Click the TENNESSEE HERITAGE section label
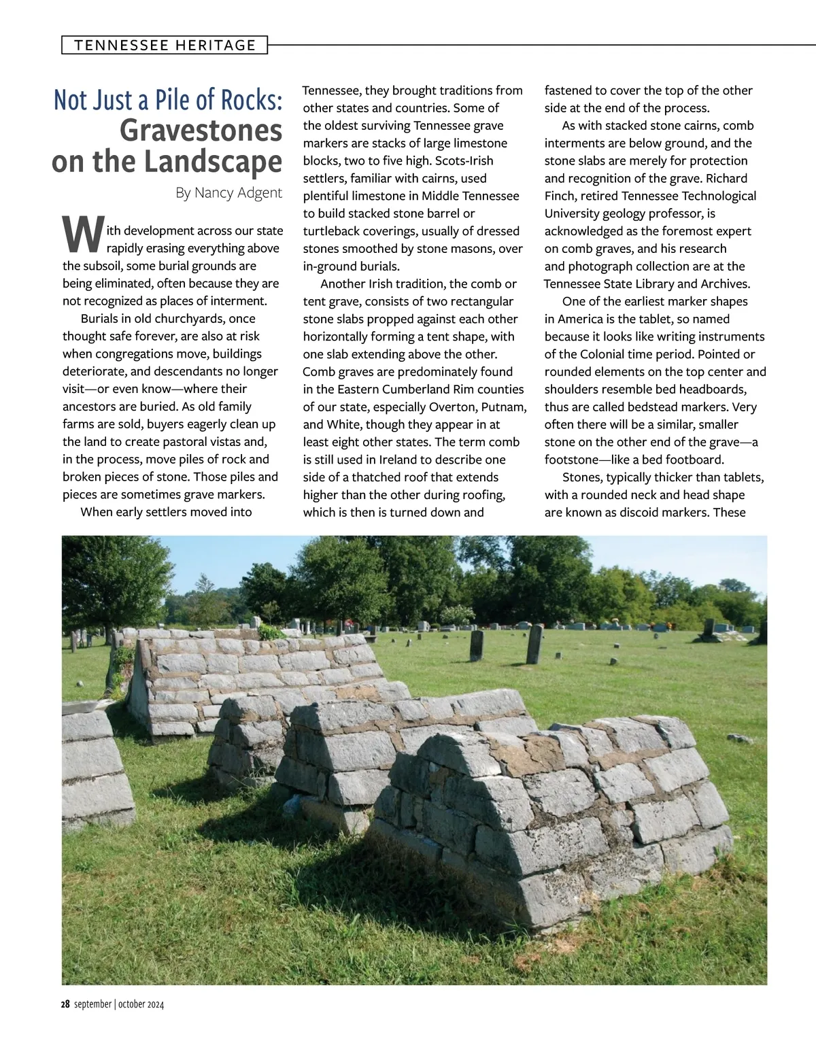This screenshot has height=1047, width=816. click(x=165, y=46)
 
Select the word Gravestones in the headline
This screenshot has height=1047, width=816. click(x=201, y=131)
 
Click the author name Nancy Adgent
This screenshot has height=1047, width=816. click(x=238, y=192)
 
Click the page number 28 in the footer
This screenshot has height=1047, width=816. click(x=65, y=1004)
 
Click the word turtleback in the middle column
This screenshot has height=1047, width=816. click(x=334, y=231)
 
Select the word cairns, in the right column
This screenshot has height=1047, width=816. click(x=700, y=126)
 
